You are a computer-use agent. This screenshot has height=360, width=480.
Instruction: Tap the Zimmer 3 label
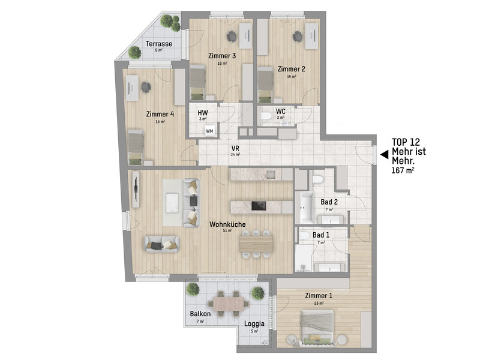[x=222, y=56]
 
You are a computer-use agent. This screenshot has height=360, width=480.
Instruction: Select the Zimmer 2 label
[x=292, y=69]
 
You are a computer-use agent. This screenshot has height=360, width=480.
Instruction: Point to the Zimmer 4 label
[x=160, y=114]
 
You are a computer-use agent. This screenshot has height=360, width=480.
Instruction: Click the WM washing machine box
[x=209, y=130]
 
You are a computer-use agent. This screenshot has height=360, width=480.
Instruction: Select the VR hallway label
[x=235, y=148]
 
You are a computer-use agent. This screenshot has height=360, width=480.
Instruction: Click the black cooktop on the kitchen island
[x=259, y=206]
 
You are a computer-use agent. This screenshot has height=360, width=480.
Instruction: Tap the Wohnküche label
[x=227, y=224]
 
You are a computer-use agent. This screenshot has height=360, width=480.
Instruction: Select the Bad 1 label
[x=322, y=235]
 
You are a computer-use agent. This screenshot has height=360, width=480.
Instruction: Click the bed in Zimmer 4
[x=136, y=146]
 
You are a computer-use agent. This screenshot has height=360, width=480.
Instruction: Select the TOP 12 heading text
[x=406, y=142]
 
